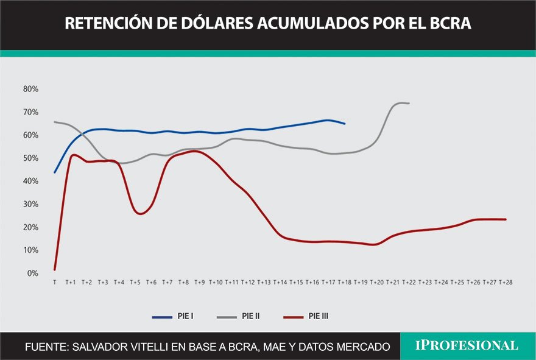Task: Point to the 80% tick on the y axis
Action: (x=30, y=89)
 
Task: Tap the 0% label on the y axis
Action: (x=33, y=274)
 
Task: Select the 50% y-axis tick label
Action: (x=30, y=158)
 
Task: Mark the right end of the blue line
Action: (x=345, y=124)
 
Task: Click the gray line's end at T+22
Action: (x=409, y=104)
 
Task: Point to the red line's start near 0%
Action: (x=55, y=269)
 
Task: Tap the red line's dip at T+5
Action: (x=139, y=214)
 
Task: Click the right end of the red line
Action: (x=506, y=219)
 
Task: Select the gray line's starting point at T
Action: (x=55, y=122)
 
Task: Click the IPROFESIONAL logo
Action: (x=467, y=346)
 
